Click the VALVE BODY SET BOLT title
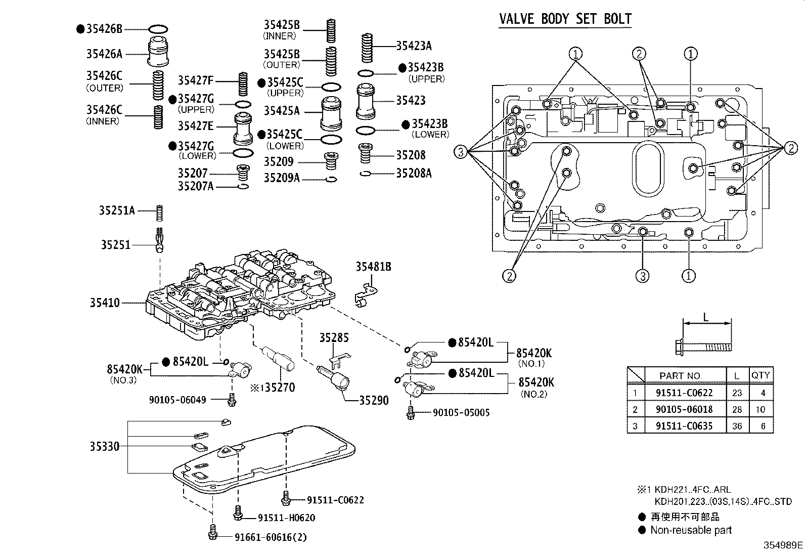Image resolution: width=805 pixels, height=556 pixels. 565,19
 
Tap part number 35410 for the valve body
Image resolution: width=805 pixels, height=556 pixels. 105,303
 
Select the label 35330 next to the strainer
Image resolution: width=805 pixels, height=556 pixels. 105,446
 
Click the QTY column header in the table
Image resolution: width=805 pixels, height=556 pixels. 760,375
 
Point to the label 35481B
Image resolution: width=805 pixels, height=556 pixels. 373,267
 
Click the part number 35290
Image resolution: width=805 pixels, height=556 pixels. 374,401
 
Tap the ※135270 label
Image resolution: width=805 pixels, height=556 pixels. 273,388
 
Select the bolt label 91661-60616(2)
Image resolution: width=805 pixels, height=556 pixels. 271,537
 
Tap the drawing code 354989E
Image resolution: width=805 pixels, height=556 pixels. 783,545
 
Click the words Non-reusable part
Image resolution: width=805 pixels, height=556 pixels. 691,530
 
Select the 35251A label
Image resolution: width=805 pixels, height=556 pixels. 117,210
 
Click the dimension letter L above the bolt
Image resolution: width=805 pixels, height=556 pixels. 706,318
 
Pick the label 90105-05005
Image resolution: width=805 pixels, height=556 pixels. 461,413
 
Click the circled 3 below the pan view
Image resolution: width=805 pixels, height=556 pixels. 642,276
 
